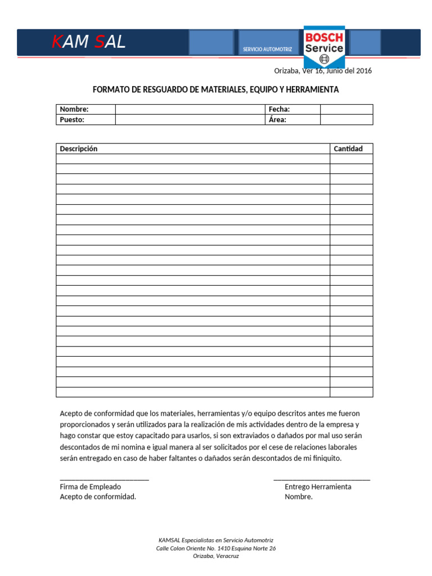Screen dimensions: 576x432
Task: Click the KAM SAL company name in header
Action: [x=89, y=42]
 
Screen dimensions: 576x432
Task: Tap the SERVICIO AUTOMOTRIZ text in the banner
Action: [x=267, y=49]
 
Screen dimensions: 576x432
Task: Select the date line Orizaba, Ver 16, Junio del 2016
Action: [x=322, y=71]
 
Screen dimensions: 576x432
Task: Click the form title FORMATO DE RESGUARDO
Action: [x=215, y=89]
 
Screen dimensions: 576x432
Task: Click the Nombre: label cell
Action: [x=85, y=109]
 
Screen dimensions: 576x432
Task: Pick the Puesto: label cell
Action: [x=85, y=119]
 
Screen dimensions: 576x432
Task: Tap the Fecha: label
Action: [x=280, y=109]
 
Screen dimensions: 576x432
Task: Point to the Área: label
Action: [x=278, y=119]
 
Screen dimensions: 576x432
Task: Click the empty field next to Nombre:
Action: [x=190, y=109]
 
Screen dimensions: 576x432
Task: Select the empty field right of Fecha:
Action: [x=346, y=109]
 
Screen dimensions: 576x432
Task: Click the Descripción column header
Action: [x=79, y=148]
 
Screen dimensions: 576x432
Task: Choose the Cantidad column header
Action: [x=348, y=148]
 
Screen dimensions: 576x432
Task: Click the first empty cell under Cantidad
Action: [x=351, y=159]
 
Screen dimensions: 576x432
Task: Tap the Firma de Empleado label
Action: [x=90, y=487]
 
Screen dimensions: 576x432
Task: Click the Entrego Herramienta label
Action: [x=318, y=487]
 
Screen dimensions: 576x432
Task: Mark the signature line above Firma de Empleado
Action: [x=104, y=479]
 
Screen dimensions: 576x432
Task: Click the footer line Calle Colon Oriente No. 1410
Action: [x=215, y=548]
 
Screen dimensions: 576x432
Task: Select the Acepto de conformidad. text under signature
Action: [x=98, y=497]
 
